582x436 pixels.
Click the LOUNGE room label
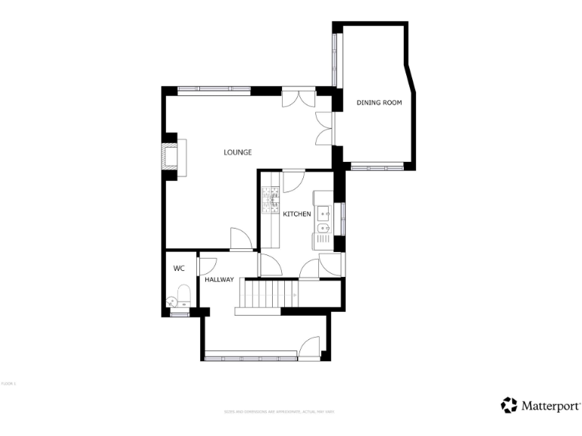coord(237,152)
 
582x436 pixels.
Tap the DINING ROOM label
coord(379,102)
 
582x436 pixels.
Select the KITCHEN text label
coord(297,214)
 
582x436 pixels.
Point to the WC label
coord(179,268)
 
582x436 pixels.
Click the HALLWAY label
coord(219,280)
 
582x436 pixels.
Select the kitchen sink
coord(323,219)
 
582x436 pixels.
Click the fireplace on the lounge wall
coord(171,157)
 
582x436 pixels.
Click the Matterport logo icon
coord(509,405)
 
